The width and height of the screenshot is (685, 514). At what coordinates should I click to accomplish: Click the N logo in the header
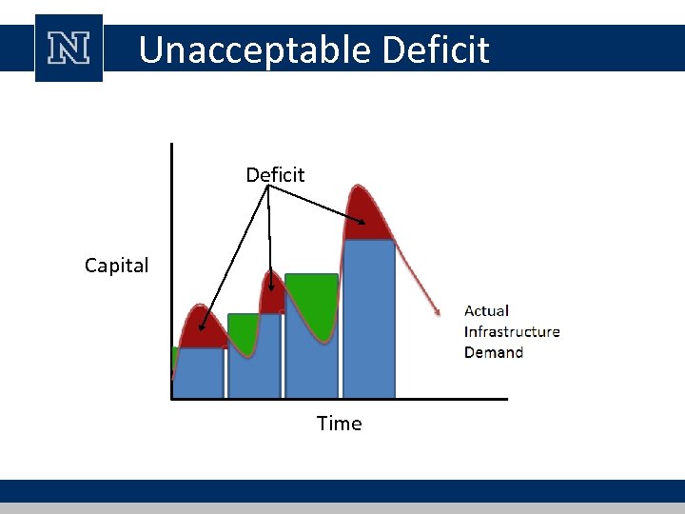point(68,48)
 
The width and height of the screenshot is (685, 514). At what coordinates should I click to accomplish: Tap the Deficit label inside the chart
point(275,175)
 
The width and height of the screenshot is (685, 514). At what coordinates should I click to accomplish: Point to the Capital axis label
point(116,266)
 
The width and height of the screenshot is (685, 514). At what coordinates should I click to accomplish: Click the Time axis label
point(339,424)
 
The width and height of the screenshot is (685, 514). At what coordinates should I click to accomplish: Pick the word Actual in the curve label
point(486,310)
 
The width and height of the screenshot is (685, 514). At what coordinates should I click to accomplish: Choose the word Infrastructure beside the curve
point(512,331)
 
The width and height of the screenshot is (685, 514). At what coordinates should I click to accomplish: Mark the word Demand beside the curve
point(494,352)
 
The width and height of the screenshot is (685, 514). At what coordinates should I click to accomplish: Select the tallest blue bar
point(369,319)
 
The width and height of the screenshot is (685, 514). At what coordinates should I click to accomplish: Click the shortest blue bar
point(200,373)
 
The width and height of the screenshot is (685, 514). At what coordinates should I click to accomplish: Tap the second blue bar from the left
point(255,356)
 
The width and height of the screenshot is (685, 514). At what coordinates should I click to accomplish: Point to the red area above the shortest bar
point(201,327)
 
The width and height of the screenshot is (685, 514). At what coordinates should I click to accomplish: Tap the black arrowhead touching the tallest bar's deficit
point(362,225)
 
